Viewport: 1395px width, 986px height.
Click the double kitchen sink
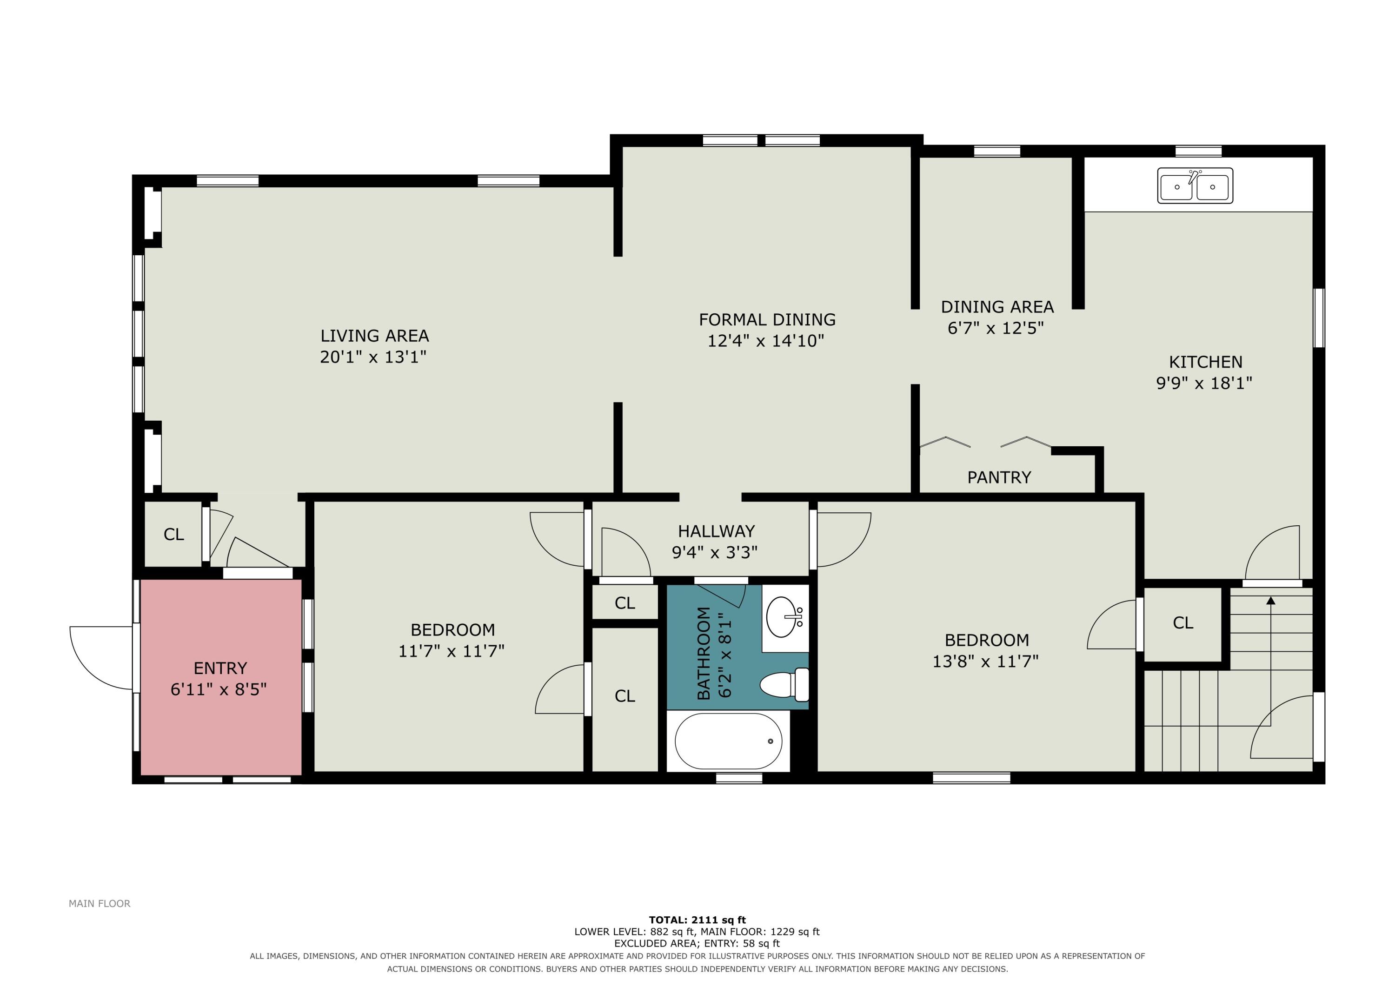click(x=1195, y=185)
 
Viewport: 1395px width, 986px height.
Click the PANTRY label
click(x=999, y=477)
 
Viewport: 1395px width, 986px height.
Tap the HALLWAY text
click(x=717, y=531)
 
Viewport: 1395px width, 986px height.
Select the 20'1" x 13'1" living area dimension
click(x=373, y=357)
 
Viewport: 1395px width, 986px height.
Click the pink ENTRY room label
click(x=220, y=668)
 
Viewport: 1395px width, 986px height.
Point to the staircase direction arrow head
click(x=1270, y=601)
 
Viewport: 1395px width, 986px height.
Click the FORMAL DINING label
click(x=767, y=319)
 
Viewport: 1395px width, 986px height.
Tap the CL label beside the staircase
click(x=1183, y=623)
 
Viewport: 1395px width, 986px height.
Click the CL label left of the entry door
click(x=174, y=535)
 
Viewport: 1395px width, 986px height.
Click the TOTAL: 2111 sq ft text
click(x=697, y=920)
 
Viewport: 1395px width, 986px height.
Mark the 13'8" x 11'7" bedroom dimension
click(x=985, y=661)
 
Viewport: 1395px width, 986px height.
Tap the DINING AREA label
click(x=997, y=307)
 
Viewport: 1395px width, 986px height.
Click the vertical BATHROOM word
click(x=704, y=653)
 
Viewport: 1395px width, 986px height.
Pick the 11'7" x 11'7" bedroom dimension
click(x=452, y=651)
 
